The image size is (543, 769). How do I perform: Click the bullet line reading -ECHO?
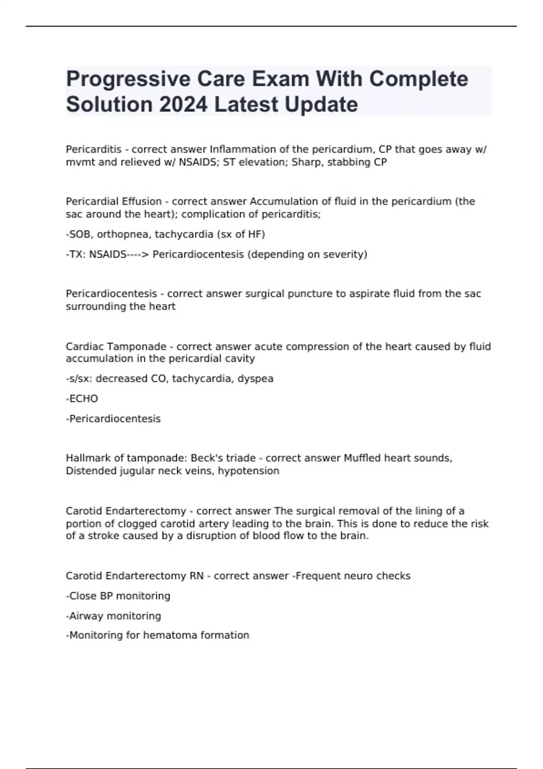[82, 399]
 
